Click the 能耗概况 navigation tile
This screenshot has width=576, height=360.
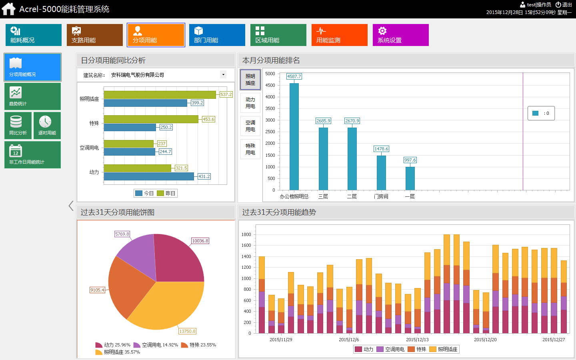coord(33,35)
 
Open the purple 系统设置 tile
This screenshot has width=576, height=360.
coord(400,35)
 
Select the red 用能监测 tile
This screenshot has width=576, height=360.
coord(339,35)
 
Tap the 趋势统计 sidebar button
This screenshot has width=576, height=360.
coord(32,96)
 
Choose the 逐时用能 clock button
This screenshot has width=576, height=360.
coord(47,126)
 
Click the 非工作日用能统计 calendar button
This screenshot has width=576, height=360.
coord(32,155)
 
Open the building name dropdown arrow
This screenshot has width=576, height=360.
coord(223,74)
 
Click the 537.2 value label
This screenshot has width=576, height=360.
coord(226,94)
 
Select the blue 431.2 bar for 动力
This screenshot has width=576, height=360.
coord(148,176)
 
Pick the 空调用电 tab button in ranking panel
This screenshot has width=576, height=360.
coord(250,126)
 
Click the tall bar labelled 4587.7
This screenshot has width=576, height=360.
coord(294,136)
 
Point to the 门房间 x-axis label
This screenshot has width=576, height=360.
coord(381,196)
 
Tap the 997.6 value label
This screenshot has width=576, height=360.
coord(410,160)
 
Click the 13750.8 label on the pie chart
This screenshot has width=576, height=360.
coord(187,331)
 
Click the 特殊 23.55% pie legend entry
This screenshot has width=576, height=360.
coord(199,345)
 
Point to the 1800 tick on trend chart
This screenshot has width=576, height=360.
coord(246,234)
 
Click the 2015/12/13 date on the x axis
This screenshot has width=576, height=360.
coord(417,340)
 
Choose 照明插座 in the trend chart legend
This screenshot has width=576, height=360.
coord(444,349)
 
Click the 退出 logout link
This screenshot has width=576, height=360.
coord(564,5)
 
